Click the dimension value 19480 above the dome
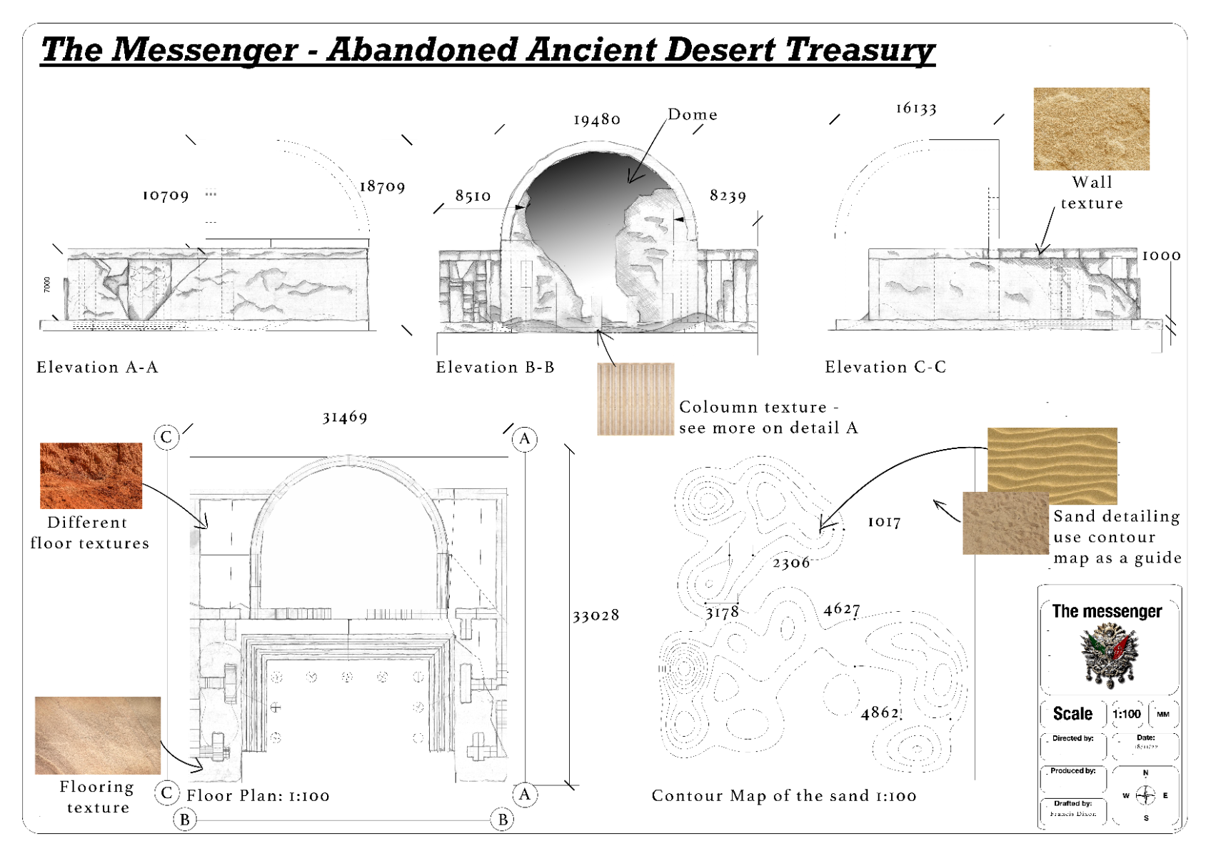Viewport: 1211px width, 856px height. click(x=597, y=120)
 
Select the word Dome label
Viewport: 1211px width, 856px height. click(x=692, y=115)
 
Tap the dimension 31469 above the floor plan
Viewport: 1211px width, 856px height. click(x=345, y=417)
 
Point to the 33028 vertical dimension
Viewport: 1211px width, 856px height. click(x=596, y=615)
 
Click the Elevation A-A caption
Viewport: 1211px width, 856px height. click(x=98, y=368)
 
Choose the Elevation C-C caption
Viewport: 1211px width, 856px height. click(x=885, y=367)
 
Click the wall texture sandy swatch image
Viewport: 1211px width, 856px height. click(x=1091, y=129)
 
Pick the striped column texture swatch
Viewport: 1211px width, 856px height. click(x=635, y=399)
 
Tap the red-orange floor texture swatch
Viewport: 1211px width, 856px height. click(x=91, y=475)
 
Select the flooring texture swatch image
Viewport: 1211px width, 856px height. click(x=98, y=735)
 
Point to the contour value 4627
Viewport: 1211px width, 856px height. click(x=842, y=609)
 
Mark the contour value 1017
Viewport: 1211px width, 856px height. click(x=884, y=523)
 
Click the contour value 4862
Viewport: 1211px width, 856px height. click(x=880, y=713)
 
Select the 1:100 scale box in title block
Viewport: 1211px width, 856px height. click(x=1127, y=714)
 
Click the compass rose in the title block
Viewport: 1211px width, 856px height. click(x=1145, y=795)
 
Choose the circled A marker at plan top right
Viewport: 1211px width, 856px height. click(x=525, y=438)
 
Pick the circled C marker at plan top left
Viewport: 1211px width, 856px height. click(x=166, y=437)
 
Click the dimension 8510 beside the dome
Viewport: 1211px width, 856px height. click(x=473, y=196)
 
